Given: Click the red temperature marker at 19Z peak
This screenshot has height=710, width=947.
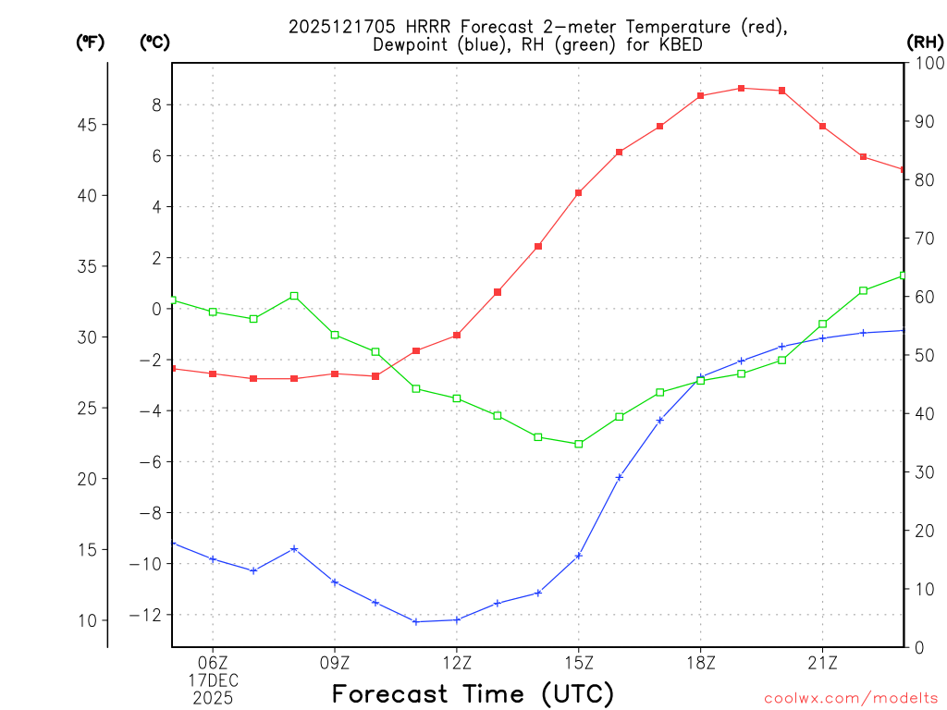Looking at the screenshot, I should pos(742,88).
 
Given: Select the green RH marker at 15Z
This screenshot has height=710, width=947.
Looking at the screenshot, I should pos(579,444).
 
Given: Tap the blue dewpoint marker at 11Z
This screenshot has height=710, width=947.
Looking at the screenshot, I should pos(416,621).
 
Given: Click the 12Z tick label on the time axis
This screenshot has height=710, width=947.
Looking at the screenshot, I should pos(457,662).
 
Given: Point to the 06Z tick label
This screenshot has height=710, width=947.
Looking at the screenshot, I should pos(213,662).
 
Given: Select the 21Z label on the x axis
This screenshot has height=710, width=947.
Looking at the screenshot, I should pos(823,662).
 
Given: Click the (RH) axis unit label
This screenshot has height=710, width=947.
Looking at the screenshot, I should pos(924,42).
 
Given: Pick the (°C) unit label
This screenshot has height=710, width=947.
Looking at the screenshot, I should pos(154,42).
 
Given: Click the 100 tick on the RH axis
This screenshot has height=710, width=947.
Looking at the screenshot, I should pos(925,63).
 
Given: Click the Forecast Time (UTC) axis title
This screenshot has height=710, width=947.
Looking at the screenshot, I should pos(473,693).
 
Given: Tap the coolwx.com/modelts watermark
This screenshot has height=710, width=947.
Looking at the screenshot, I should pos(851,698).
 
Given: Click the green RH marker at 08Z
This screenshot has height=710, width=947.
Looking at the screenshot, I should pos(294,296).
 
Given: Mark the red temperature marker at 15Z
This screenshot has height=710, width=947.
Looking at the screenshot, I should pos(579,192).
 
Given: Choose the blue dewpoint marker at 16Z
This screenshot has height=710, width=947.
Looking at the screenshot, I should pos(620,477).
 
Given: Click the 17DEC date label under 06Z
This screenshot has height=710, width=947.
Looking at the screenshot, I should pos(213,680).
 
